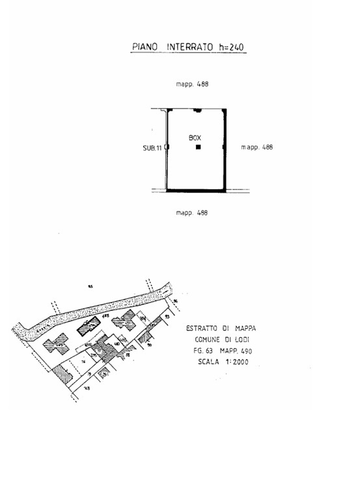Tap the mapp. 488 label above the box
192,85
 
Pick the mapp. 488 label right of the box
256,147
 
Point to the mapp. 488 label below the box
192,212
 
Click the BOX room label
195,138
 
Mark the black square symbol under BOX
198,148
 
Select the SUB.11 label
152,148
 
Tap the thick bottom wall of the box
195,191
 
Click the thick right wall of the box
225,150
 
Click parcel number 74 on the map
83,360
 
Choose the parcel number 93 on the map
167,317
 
